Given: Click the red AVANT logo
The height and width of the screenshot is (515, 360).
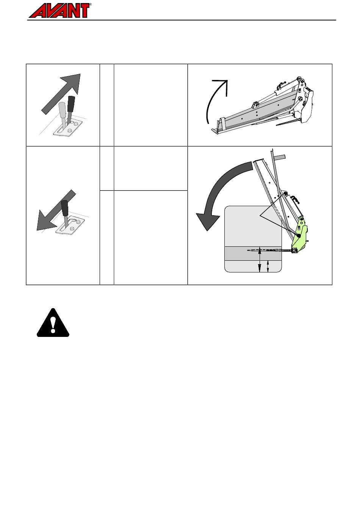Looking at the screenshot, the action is click(59, 11).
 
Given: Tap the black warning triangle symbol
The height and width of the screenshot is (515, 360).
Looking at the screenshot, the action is click(53, 322).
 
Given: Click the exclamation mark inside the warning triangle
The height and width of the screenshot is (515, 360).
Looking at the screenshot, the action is click(53, 324).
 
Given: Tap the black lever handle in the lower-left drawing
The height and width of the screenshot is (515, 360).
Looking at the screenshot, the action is click(65, 208).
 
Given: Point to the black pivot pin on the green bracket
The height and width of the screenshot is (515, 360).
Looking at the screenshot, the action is click(299, 236).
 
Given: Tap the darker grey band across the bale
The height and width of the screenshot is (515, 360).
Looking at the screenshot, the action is click(253, 254).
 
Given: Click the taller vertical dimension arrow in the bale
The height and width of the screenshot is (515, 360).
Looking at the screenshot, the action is click(260, 259).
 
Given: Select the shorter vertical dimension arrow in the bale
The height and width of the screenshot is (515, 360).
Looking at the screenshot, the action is click(268, 266).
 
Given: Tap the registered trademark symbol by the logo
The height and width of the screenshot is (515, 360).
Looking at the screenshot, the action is click(90, 5).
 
